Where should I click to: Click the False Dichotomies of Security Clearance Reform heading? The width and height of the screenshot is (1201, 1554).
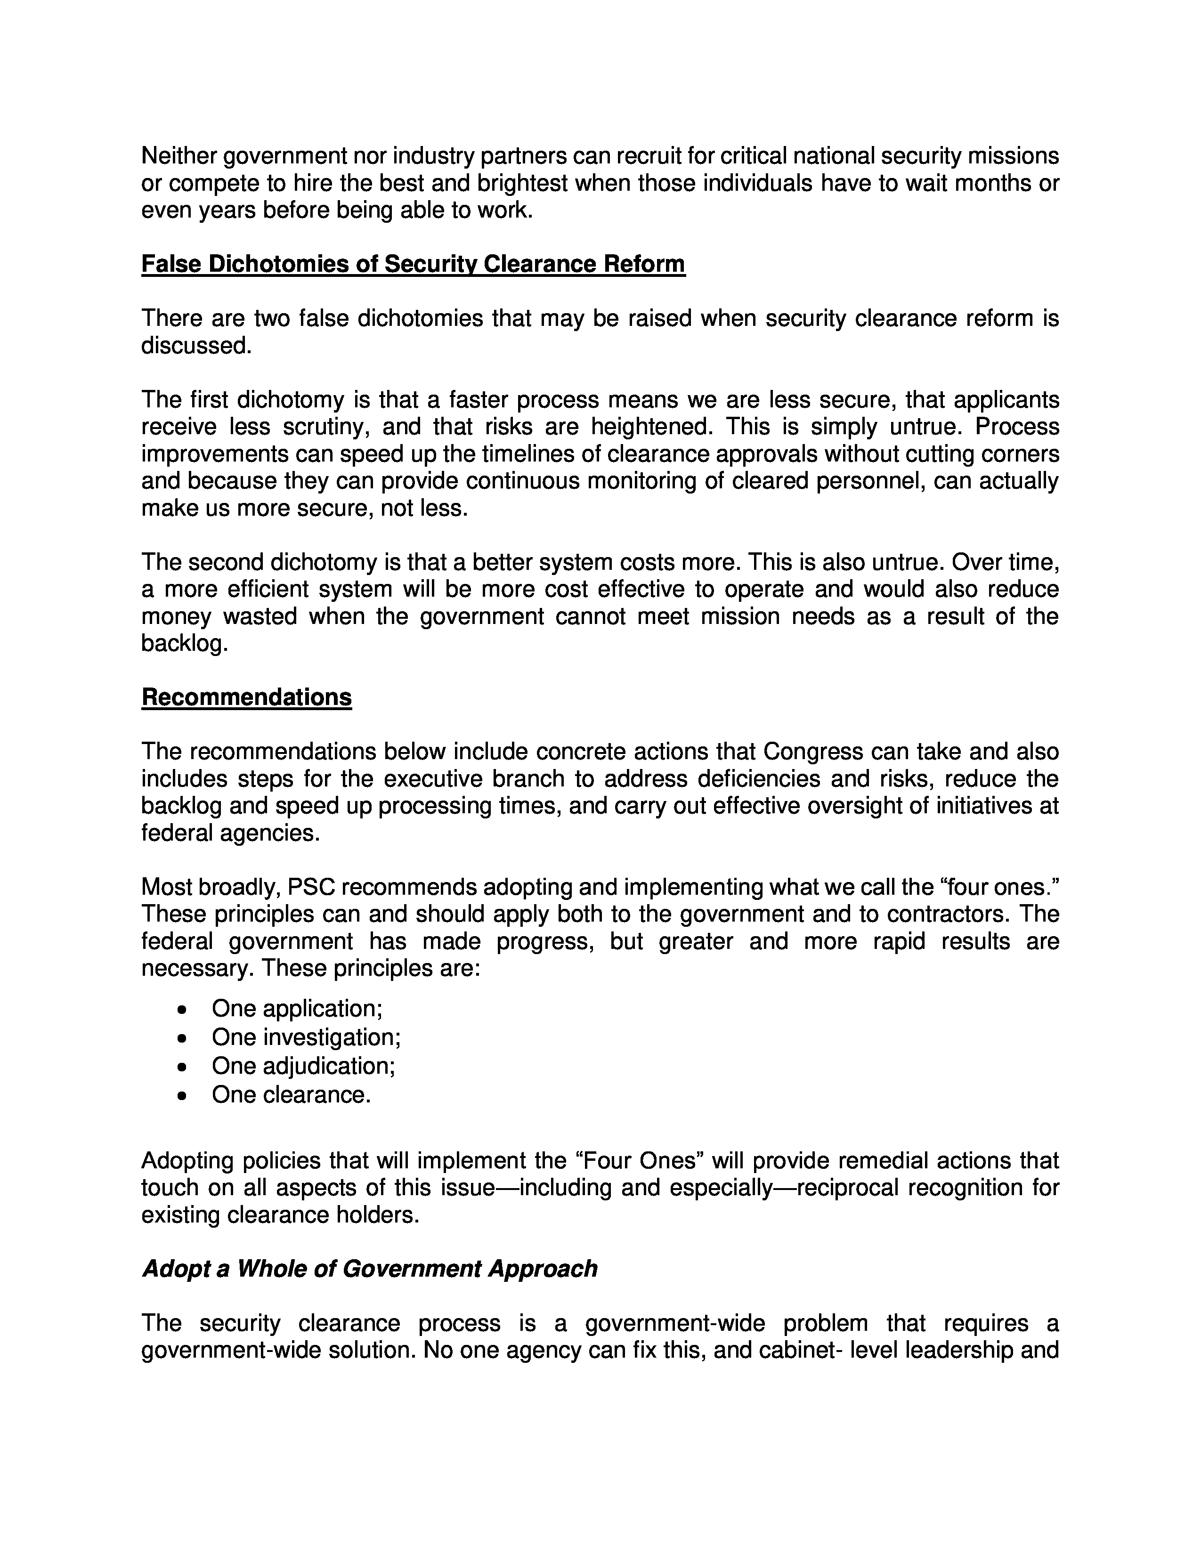coord(413,264)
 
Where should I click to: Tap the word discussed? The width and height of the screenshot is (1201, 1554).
coord(196,346)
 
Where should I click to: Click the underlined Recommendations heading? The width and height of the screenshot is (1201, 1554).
coord(246,697)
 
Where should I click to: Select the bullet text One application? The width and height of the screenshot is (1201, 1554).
coord(297,1009)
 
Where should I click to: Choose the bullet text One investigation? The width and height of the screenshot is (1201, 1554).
coord(306,1037)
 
